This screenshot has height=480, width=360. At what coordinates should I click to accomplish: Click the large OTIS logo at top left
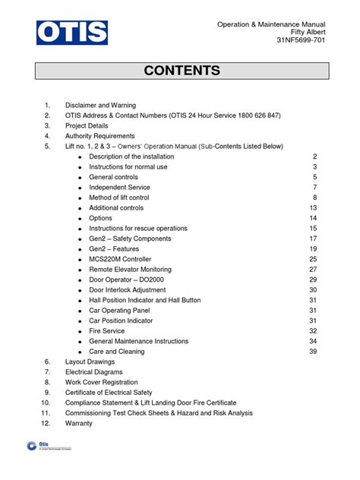tap(72, 32)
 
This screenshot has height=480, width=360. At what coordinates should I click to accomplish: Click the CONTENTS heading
tap(182, 71)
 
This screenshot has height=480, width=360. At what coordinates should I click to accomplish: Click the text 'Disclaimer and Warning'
tap(100, 105)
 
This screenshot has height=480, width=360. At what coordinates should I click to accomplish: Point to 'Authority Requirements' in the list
tap(99, 136)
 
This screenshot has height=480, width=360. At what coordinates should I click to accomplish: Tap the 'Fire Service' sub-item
tap(107, 330)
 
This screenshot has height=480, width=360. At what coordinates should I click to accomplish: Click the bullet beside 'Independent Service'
tap(79, 188)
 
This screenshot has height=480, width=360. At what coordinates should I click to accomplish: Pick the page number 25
tap(313, 259)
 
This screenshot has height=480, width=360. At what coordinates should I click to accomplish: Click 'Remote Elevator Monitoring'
tap(130, 269)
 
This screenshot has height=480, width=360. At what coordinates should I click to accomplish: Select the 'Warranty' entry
tap(79, 423)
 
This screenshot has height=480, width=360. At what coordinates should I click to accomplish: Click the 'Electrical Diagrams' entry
tap(95, 372)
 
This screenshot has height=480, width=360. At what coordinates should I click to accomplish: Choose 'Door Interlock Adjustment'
tap(127, 289)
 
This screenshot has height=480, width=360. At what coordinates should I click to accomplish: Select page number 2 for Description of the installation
tap(314, 156)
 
